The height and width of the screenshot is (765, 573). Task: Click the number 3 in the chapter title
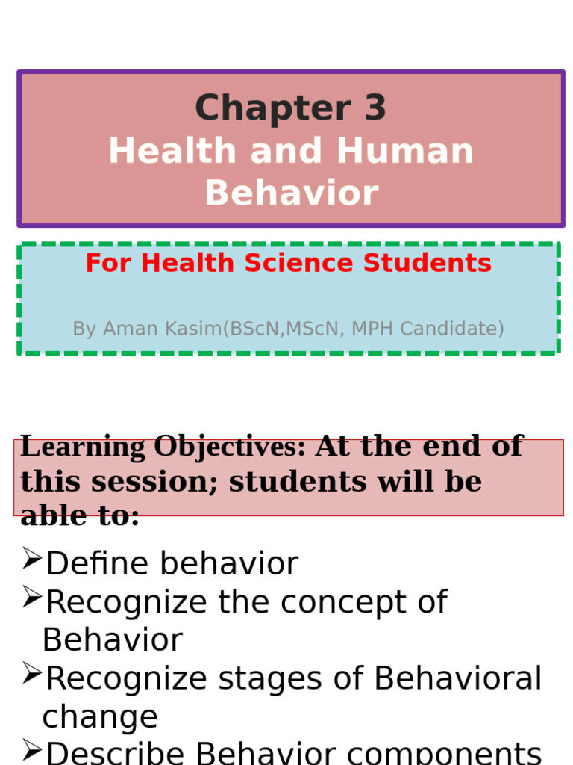375,108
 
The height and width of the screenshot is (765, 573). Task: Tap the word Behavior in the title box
291,193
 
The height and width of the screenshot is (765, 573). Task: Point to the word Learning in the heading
84,447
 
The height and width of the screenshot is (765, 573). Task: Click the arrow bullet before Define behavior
31,558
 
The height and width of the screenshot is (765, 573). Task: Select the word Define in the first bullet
92,564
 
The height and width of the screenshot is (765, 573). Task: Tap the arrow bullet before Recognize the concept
31,596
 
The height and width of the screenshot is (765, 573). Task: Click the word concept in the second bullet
358,602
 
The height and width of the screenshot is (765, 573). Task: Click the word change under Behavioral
99,717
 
